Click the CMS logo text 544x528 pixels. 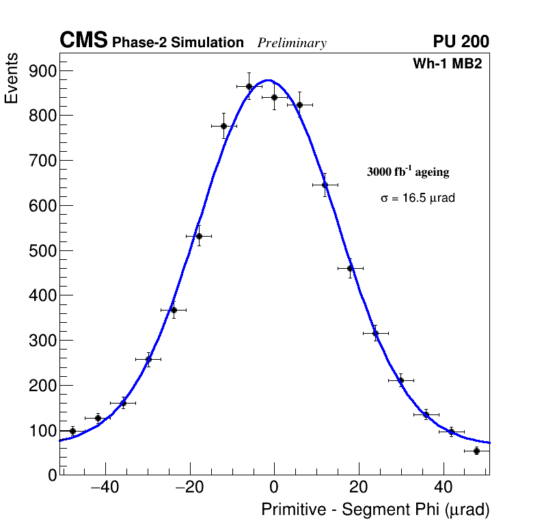(83, 41)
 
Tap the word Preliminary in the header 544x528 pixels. (292, 43)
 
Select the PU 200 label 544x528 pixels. (461, 42)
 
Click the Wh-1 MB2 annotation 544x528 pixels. (448, 64)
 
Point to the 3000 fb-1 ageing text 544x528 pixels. (408, 172)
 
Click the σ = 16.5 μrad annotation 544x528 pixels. (418, 198)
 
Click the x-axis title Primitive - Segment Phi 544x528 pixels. (375, 510)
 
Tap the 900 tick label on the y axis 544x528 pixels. (43, 71)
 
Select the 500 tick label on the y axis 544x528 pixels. (43, 251)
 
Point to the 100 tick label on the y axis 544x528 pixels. (43, 431)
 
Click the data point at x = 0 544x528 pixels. (274, 97)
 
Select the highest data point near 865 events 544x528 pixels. (249, 86)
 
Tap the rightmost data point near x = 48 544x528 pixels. (476, 451)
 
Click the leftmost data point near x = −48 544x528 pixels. (72, 431)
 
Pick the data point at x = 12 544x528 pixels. (325, 185)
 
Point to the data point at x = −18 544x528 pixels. (199, 236)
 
